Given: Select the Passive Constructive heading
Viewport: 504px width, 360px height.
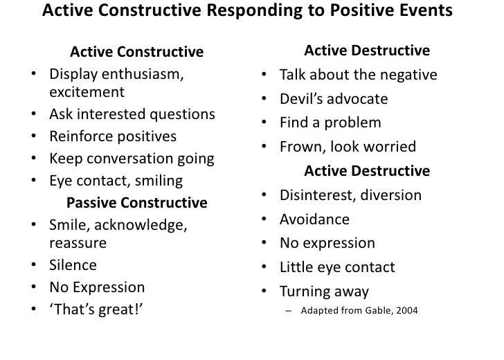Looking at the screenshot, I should pyautogui.click(x=136, y=204).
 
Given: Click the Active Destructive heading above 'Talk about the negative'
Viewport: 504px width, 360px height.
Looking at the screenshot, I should pyautogui.click(x=367, y=52).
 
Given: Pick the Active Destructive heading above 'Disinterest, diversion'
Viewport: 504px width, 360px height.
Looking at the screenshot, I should pyautogui.click(x=367, y=171).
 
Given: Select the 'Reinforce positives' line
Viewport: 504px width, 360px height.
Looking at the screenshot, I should pyautogui.click(x=113, y=136).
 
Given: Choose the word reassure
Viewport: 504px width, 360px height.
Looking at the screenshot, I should pyautogui.click(x=78, y=243).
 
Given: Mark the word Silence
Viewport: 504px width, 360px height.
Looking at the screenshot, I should pyautogui.click(x=73, y=265).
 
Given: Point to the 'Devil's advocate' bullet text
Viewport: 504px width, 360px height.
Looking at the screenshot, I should pyautogui.click(x=334, y=99).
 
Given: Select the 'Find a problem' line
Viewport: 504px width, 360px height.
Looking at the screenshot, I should pyautogui.click(x=330, y=123).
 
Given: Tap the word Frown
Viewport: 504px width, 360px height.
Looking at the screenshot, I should pyautogui.click(x=300, y=147).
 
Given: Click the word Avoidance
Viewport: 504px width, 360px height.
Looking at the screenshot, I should pyautogui.click(x=314, y=220).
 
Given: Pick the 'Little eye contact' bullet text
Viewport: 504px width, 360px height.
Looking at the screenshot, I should pyautogui.click(x=337, y=267).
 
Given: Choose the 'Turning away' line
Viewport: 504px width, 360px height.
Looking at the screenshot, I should pyautogui.click(x=324, y=291).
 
